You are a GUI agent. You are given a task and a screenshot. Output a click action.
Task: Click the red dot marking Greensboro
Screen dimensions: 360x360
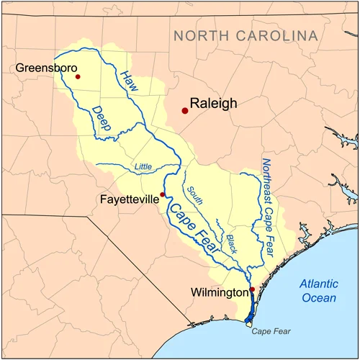pyautogui.click(x=78, y=76)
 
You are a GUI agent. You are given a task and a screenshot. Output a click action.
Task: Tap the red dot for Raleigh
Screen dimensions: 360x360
pyautogui.click(x=185, y=110)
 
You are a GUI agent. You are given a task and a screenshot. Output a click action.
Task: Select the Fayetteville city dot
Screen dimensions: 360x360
pyautogui.click(x=163, y=194)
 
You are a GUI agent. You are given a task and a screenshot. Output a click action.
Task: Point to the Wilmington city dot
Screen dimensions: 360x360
pyautogui.click(x=252, y=289)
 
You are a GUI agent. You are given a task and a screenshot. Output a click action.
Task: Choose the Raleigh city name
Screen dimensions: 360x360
pyautogui.click(x=213, y=104)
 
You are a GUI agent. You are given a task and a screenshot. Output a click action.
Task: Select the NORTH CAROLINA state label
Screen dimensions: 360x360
pyautogui.click(x=245, y=36)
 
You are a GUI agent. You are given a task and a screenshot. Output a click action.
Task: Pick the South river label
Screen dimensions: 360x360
pyautogui.click(x=195, y=195)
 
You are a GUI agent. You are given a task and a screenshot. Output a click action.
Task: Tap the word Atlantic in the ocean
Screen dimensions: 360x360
pyautogui.click(x=318, y=284)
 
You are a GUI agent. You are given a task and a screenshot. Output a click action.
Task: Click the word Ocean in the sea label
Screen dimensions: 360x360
pyautogui.click(x=317, y=298)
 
